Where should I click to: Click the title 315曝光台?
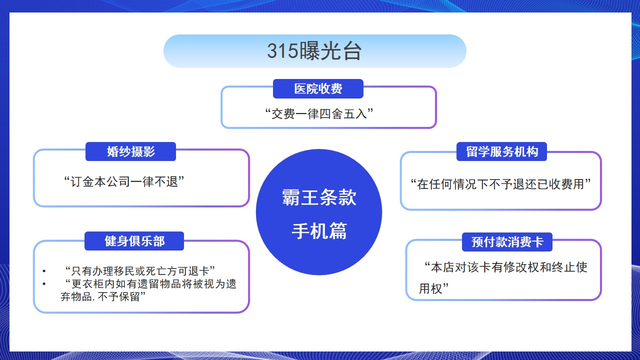click(314, 51)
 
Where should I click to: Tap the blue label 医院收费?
click(318, 88)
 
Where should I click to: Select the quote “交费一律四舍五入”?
click(319, 113)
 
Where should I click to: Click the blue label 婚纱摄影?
click(130, 151)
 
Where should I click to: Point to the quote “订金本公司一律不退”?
click(124, 181)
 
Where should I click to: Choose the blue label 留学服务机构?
click(501, 151)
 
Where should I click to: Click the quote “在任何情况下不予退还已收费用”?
click(500, 184)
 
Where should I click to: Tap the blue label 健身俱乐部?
click(134, 241)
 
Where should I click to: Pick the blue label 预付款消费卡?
click(507, 242)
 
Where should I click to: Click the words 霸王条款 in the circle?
click(319, 197)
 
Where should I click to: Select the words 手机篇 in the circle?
click(319, 231)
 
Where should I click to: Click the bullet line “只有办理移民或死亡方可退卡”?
click(140, 270)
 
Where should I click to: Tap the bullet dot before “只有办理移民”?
click(44, 271)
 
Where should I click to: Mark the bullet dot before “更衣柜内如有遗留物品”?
click(44, 284)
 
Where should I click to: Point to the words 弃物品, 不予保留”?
click(103, 296)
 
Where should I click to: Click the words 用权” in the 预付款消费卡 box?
click(433, 288)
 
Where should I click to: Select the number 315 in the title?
click(282, 51)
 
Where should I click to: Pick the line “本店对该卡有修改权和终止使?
click(505, 267)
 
